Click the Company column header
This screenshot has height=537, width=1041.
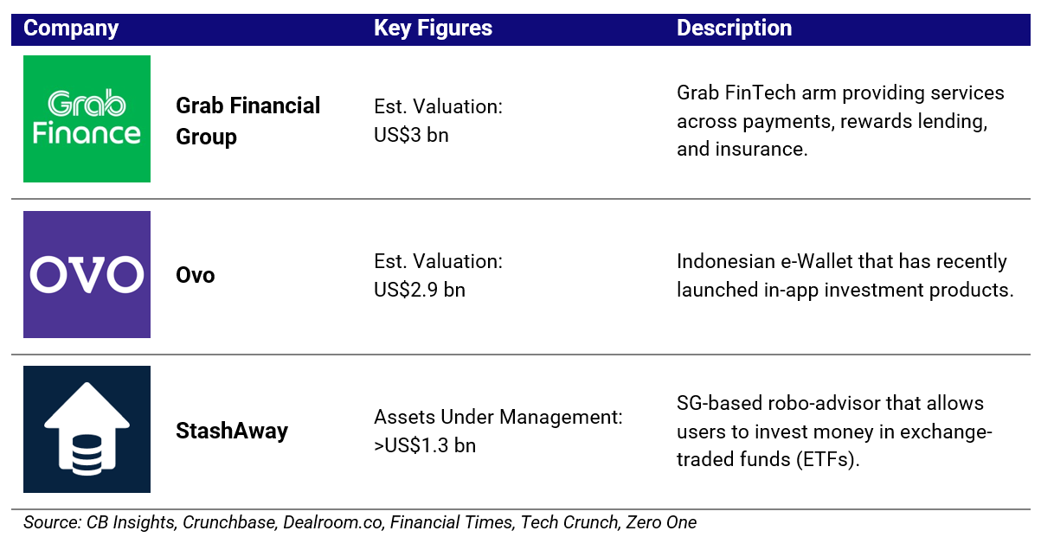[71, 29]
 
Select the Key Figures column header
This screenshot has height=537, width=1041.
[433, 29]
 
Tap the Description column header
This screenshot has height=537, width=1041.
[735, 28]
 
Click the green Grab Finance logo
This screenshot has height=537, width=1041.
[87, 119]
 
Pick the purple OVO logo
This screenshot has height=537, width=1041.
[87, 274]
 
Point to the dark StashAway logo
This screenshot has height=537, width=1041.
[87, 429]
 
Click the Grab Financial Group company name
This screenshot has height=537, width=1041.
[247, 121]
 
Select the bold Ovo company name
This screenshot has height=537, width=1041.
[196, 275]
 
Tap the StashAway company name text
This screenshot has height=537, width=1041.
[232, 431]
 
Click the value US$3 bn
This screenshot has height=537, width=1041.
[411, 135]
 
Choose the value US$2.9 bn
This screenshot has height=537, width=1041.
[419, 290]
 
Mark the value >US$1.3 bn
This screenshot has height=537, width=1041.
[425, 445]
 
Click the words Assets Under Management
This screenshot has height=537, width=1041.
[498, 417]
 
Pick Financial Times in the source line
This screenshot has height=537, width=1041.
[451, 522]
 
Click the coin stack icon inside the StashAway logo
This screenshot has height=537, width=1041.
[87, 454]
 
